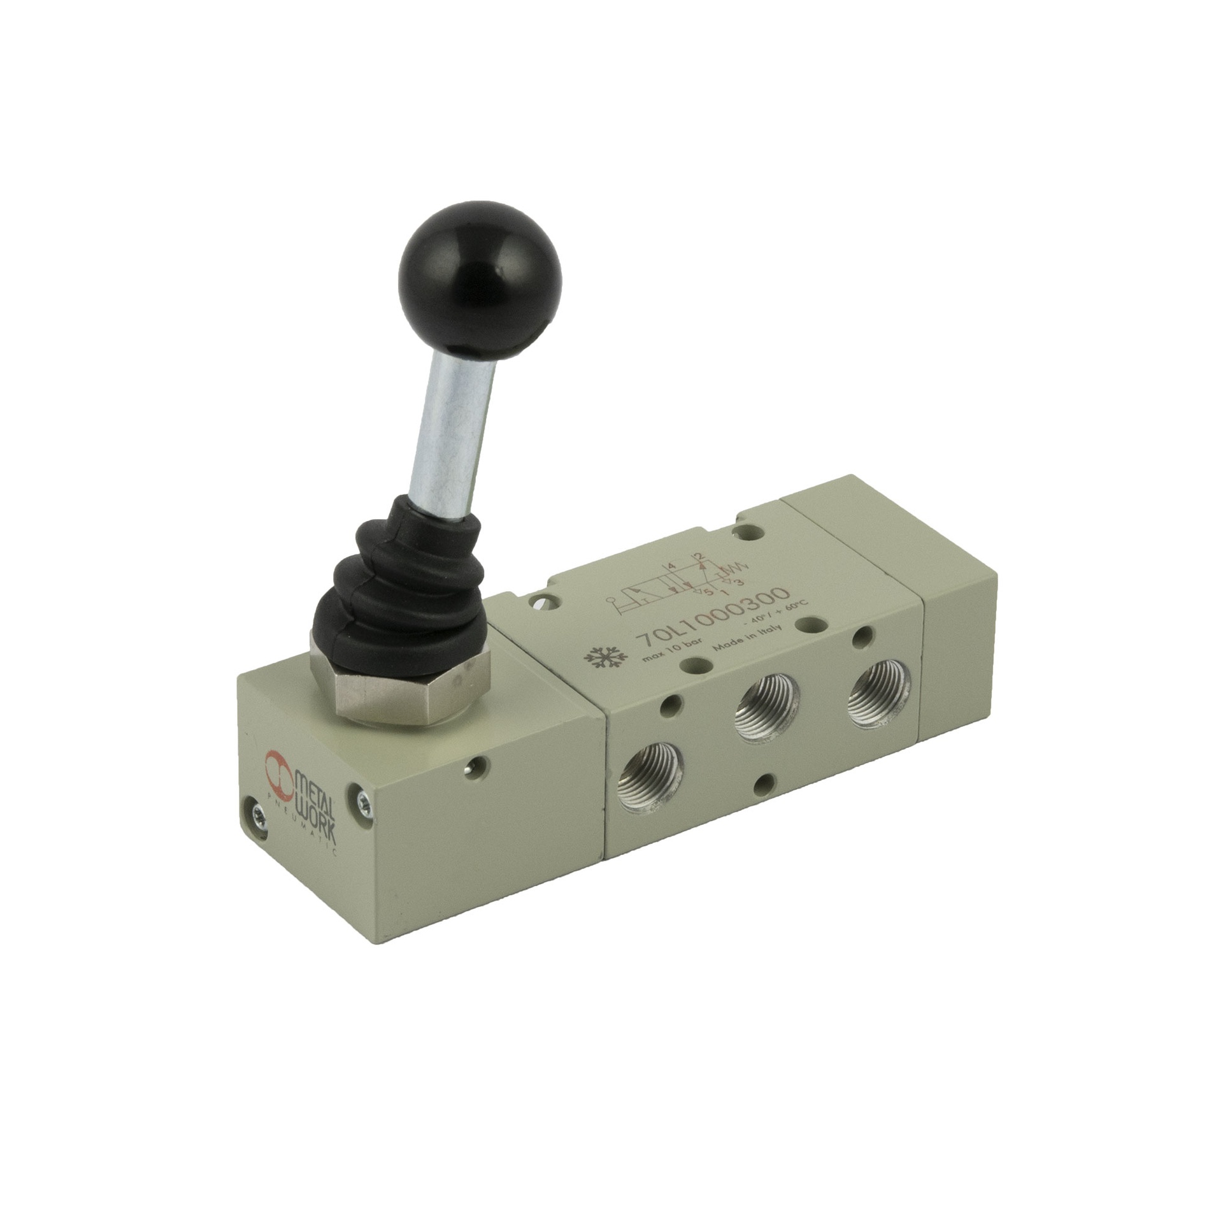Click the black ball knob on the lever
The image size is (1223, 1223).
click(479, 284)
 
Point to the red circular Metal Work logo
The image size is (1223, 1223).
click(280, 767)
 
